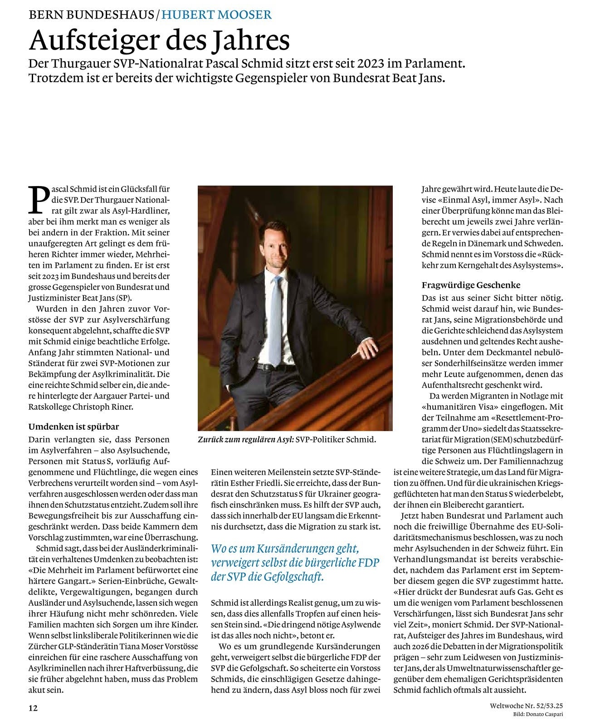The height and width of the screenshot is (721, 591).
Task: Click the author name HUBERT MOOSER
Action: tap(217, 15)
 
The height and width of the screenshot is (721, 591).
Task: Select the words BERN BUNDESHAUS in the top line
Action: tap(91, 15)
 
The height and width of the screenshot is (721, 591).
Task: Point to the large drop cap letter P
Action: tap(38, 199)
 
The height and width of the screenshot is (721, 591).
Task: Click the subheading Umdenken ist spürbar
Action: tap(73, 427)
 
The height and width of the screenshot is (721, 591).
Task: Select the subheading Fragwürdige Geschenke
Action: tap(471, 285)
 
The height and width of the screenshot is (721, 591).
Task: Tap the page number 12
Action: tap(33, 708)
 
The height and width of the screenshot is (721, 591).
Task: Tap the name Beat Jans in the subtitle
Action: tap(422, 78)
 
